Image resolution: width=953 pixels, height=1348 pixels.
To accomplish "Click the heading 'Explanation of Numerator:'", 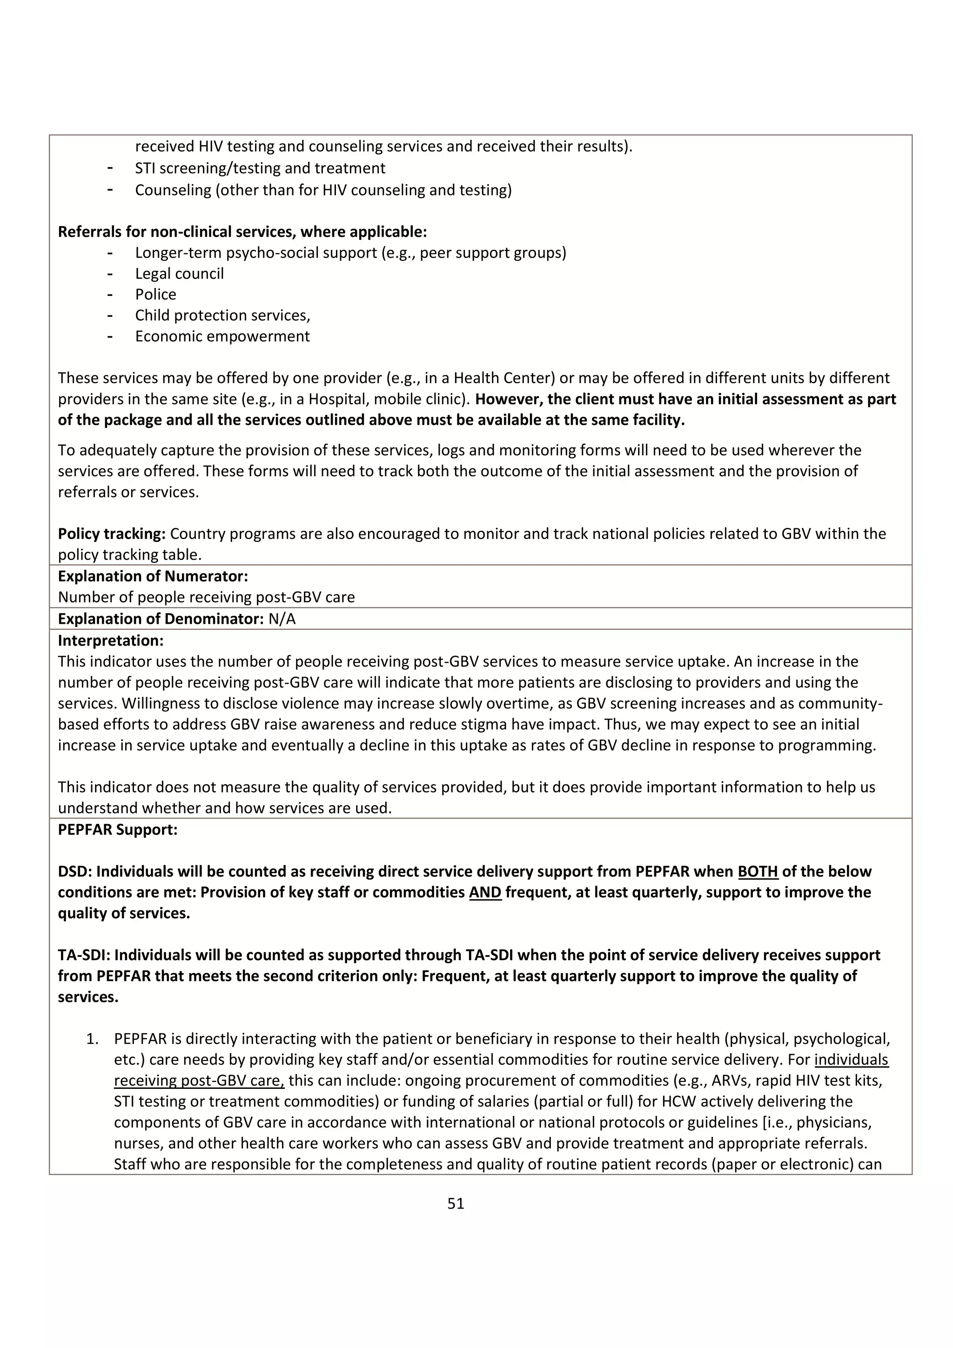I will (x=153, y=576).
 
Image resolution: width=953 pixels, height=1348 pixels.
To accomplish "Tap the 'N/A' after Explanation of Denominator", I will (x=282, y=619).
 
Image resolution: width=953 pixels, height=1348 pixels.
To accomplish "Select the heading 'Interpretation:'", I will (x=110, y=640).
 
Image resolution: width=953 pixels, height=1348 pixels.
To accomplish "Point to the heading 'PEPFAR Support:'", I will (x=117, y=829).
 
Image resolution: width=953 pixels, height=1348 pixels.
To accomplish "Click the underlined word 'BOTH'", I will (x=758, y=871).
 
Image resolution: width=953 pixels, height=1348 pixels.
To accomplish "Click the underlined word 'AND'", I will (x=485, y=893).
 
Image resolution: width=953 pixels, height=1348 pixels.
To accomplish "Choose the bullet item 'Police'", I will (x=155, y=294).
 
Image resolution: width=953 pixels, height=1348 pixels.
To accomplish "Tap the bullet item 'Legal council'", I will (x=179, y=274).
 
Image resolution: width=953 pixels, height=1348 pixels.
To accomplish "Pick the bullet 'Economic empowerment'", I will (x=222, y=336).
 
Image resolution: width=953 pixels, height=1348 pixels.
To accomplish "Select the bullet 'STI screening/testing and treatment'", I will (x=260, y=168).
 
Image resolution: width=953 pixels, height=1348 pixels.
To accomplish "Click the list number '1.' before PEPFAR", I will (x=93, y=1039).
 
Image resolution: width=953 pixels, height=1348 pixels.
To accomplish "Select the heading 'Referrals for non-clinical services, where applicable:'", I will (x=242, y=232).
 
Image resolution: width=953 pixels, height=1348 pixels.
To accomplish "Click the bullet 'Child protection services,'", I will (x=222, y=315).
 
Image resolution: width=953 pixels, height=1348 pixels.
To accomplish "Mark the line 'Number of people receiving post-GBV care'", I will (x=206, y=597).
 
